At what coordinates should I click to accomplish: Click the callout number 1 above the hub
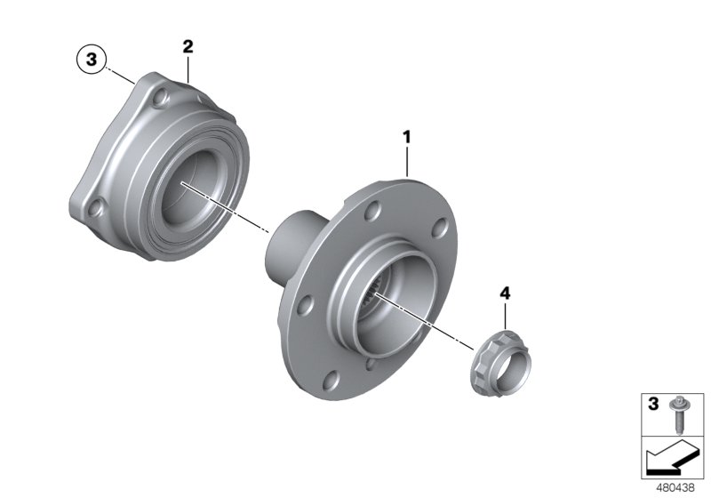point(407,138)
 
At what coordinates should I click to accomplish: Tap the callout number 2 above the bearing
point(188,45)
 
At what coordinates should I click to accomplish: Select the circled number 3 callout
point(89,61)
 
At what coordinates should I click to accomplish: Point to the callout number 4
point(505,293)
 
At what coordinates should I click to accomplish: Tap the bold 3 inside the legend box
point(653,405)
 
